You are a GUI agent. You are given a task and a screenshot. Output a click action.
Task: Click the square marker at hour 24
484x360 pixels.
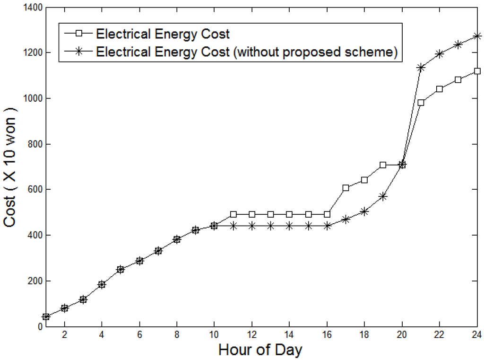point(477,71)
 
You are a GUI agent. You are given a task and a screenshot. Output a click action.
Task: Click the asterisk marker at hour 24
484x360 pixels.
point(477,36)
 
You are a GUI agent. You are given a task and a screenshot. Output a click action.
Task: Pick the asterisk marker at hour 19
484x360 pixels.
point(383,196)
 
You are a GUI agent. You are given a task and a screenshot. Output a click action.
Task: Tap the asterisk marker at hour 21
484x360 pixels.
point(421,68)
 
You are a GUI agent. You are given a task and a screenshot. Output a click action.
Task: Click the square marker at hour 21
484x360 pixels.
point(421,102)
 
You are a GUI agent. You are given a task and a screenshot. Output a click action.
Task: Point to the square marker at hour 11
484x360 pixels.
point(233,214)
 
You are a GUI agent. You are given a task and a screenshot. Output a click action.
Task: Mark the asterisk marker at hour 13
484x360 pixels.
point(270,226)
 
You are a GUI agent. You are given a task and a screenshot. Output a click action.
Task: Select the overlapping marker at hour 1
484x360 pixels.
point(46,316)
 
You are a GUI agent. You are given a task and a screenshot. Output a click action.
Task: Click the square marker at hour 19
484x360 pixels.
point(383,165)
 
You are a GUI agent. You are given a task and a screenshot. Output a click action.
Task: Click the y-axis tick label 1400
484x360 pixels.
point(31,8)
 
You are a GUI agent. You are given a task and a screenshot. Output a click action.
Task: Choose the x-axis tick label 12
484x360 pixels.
point(251,334)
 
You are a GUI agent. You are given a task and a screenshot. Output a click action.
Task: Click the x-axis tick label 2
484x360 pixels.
point(64,334)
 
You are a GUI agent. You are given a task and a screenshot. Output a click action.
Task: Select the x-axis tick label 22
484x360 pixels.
point(439,334)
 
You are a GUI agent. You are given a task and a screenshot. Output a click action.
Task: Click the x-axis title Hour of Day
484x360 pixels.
point(260,351)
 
